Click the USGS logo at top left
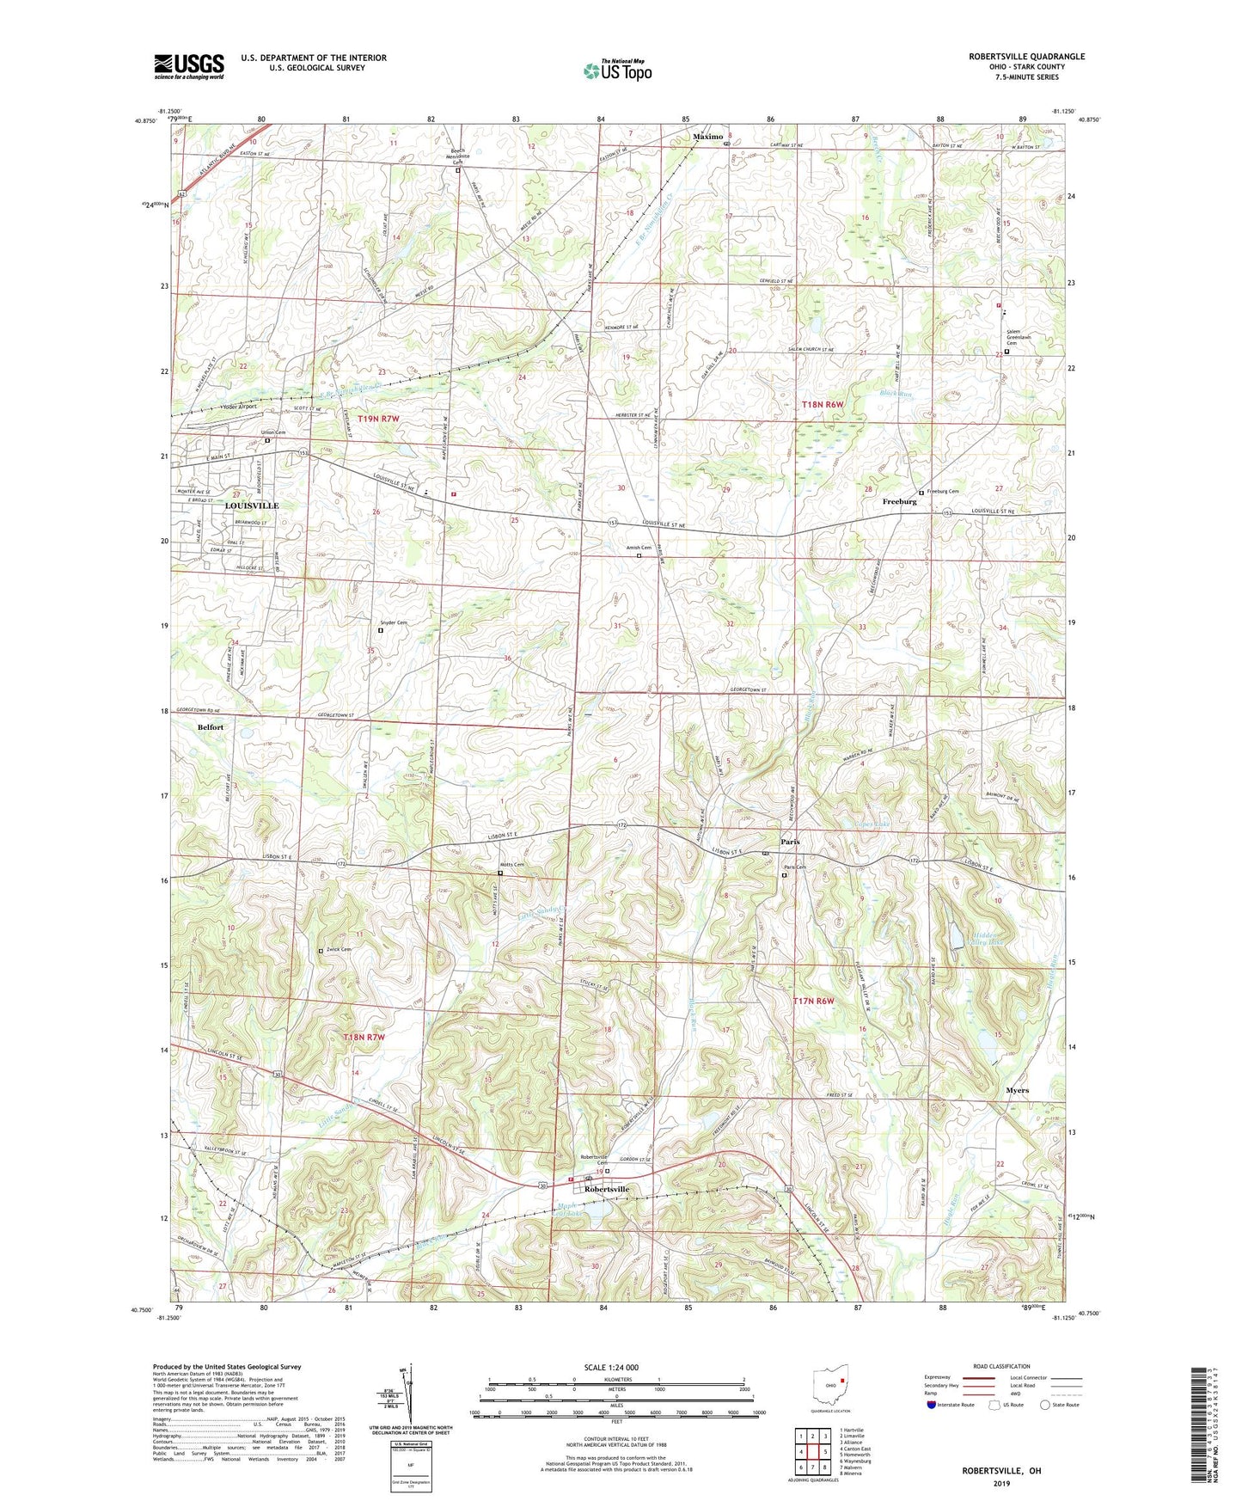coord(189,65)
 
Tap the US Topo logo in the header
coord(617,70)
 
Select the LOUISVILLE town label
coord(251,505)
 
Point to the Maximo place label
coord(709,136)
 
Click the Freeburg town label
coord(900,501)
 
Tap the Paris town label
coord(790,842)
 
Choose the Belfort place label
coord(211,726)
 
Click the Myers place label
coord(1017,1090)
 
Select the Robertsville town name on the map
coord(607,1189)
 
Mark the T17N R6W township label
coord(813,1001)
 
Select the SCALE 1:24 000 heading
coord(611,1367)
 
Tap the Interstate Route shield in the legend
coord(932,1405)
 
